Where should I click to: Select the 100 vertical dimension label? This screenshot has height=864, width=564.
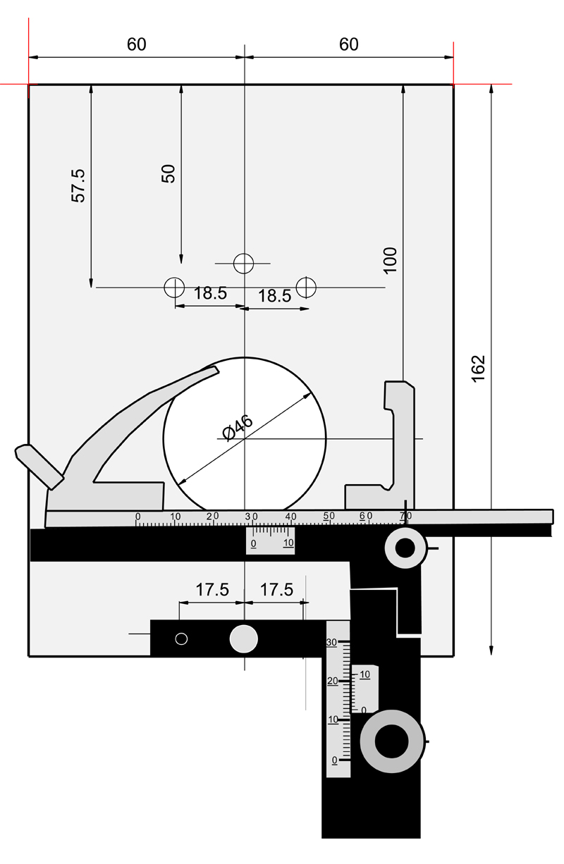point(391,260)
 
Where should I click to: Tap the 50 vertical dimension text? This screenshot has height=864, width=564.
point(168,173)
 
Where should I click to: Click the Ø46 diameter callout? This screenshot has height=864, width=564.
point(237,428)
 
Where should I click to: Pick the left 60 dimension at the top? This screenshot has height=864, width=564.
point(137,44)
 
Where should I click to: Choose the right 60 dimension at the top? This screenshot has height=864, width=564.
point(349,44)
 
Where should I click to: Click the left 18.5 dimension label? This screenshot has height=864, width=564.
point(210,293)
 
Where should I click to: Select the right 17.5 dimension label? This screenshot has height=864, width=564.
point(276,590)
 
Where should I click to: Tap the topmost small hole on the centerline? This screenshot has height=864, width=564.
point(244,263)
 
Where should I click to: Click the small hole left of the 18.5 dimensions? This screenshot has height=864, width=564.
point(173,287)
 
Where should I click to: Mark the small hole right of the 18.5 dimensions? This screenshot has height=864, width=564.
point(306,287)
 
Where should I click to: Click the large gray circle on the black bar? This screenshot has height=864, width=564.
point(244,638)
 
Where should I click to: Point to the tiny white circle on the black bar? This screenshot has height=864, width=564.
point(181,638)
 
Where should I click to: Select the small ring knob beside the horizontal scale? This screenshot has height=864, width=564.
point(406,548)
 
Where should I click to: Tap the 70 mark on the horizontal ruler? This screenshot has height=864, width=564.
point(405,517)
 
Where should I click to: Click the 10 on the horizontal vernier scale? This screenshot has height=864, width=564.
point(288,543)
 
